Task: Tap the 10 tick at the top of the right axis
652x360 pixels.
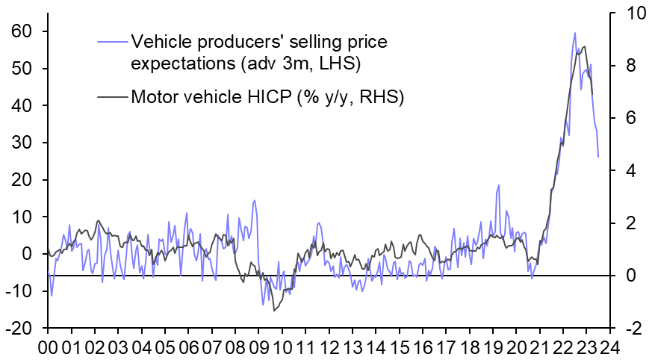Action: pyautogui.click(x=628, y=13)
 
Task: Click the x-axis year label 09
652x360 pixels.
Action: pyautogui.click(x=259, y=348)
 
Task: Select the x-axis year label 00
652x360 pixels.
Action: pyautogui.click(x=48, y=348)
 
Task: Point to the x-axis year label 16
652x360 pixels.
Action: pyautogui.click(x=423, y=348)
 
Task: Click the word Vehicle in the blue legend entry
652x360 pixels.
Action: pyautogui.click(x=156, y=40)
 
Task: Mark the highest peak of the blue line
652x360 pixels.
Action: pyautogui.click(x=574, y=32)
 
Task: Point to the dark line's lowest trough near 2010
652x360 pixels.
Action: pyautogui.click(x=275, y=310)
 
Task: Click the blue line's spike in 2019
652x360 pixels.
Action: pyautogui.click(x=498, y=186)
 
